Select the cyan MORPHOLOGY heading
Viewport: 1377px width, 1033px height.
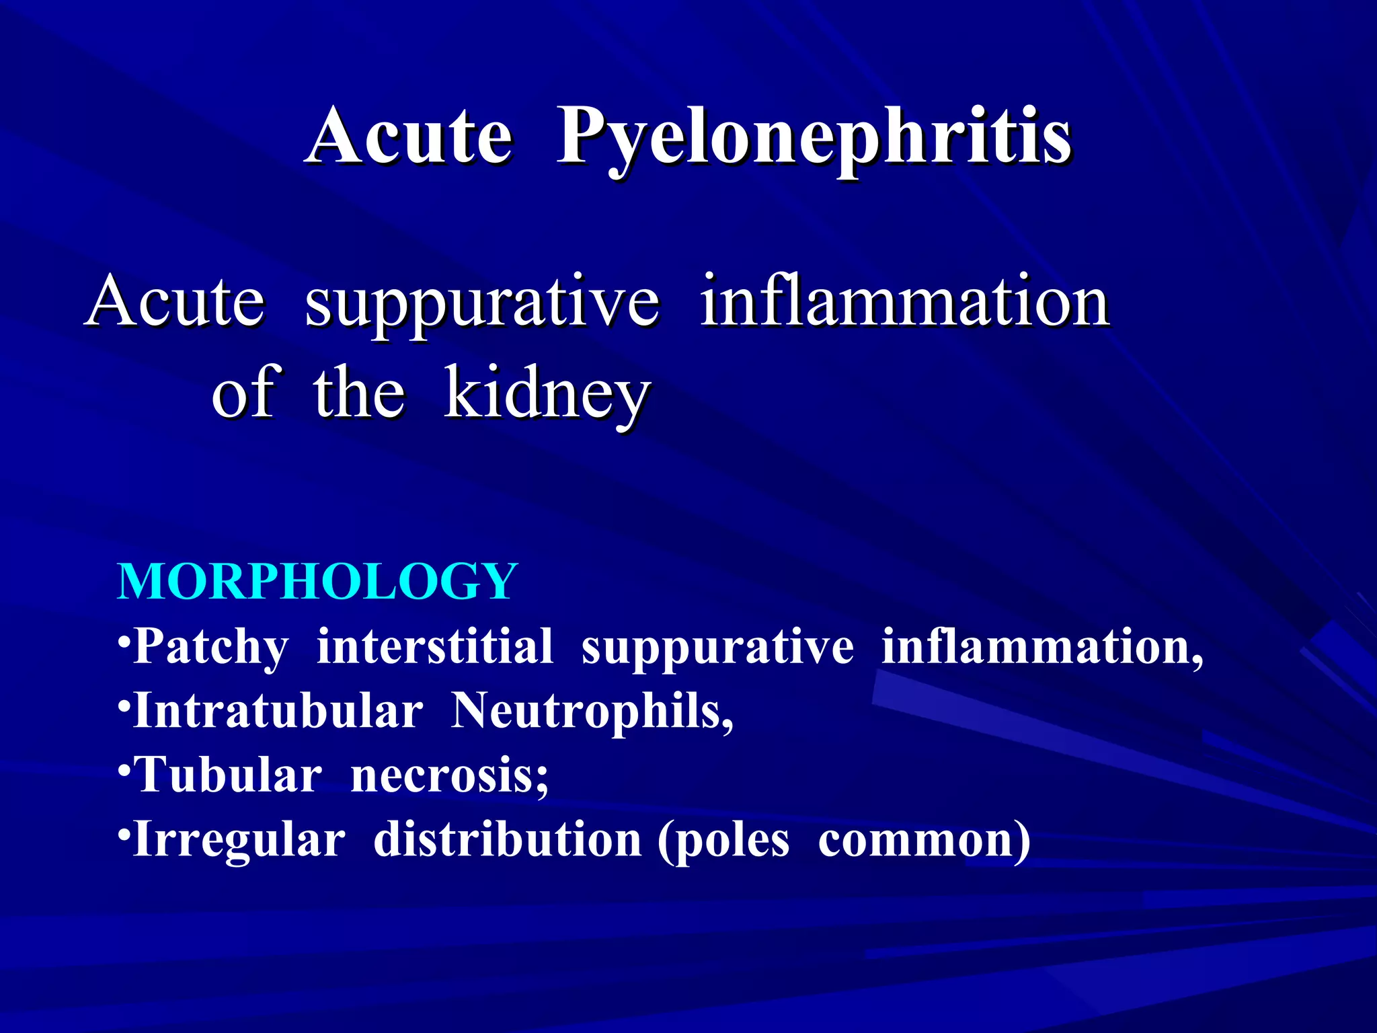tap(317, 581)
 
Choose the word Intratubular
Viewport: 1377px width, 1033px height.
tap(278, 711)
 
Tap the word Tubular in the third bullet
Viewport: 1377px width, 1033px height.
tap(229, 775)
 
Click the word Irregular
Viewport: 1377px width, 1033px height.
tap(239, 840)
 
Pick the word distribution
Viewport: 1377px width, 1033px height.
tap(507, 840)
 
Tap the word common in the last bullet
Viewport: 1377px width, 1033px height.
tap(918, 841)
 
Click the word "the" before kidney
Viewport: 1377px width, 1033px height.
tap(358, 393)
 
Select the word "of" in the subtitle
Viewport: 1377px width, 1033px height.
tap(243, 393)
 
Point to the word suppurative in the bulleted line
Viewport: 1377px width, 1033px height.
tap(717, 647)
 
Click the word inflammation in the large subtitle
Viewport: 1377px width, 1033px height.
tap(904, 301)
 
